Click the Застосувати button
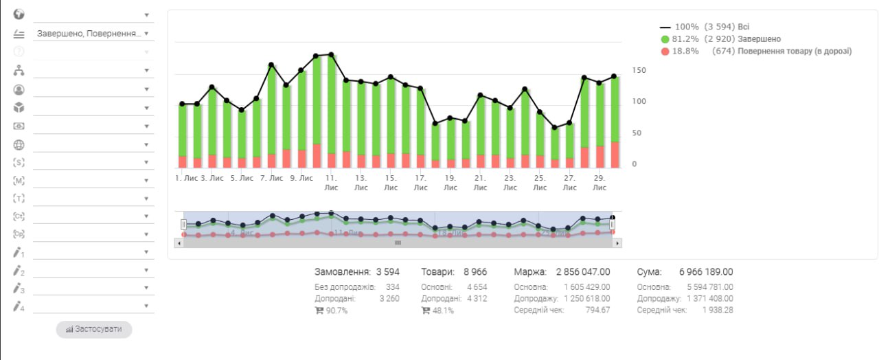[x=94, y=329]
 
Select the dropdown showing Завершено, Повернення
[x=92, y=33]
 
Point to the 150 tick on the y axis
[x=639, y=71]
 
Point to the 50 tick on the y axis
[x=639, y=133]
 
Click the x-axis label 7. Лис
[x=272, y=178]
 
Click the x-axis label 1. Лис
[x=186, y=178]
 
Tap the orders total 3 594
[x=387, y=272]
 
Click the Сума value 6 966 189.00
[x=706, y=272]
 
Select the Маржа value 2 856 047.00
[x=582, y=272]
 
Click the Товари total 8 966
[x=475, y=272]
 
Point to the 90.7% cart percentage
[x=336, y=311]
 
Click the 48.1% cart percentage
[x=443, y=311]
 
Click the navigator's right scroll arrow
[x=617, y=243]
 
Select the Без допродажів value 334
[x=392, y=287]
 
